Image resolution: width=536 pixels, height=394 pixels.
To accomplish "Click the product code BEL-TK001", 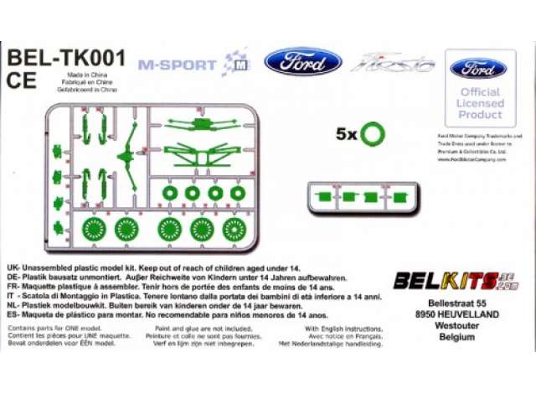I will pyautogui.click(x=66, y=58).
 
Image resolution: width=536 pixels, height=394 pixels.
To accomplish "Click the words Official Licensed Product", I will pyautogui.click(x=480, y=102).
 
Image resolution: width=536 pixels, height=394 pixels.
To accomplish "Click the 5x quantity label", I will pyautogui.click(x=346, y=133).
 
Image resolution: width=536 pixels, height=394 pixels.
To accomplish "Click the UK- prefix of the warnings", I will pyautogui.click(x=13, y=266).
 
